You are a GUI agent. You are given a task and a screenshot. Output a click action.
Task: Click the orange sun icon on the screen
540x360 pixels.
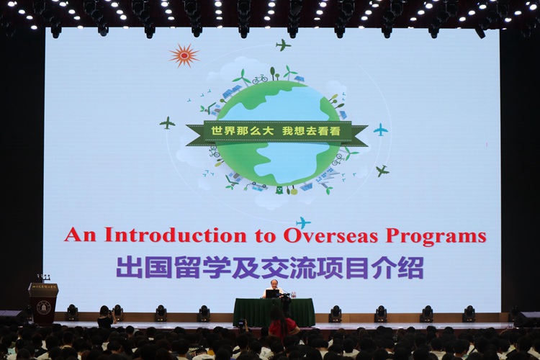click(x=184, y=55)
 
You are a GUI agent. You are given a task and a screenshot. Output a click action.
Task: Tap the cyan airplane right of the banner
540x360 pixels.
click(x=381, y=130)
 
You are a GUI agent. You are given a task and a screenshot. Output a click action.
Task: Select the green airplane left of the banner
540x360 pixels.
click(x=167, y=123)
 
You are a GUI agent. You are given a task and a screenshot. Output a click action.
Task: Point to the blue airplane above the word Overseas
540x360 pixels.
click(x=303, y=222)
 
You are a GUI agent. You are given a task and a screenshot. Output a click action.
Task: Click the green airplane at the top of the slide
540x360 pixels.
click(x=283, y=45)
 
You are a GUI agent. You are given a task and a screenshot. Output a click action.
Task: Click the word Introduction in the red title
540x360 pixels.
click(x=176, y=235)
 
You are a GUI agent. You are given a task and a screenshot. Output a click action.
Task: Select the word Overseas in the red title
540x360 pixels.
click(x=330, y=235)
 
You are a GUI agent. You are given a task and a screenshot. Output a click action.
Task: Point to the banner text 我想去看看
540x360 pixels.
click(x=311, y=131)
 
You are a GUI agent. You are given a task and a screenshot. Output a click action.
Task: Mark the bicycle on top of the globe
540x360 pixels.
click(x=260, y=79)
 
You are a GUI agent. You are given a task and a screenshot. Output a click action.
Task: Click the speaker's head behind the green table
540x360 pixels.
click(x=270, y=286)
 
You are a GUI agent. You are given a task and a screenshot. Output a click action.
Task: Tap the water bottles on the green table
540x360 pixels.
click(x=294, y=294)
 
